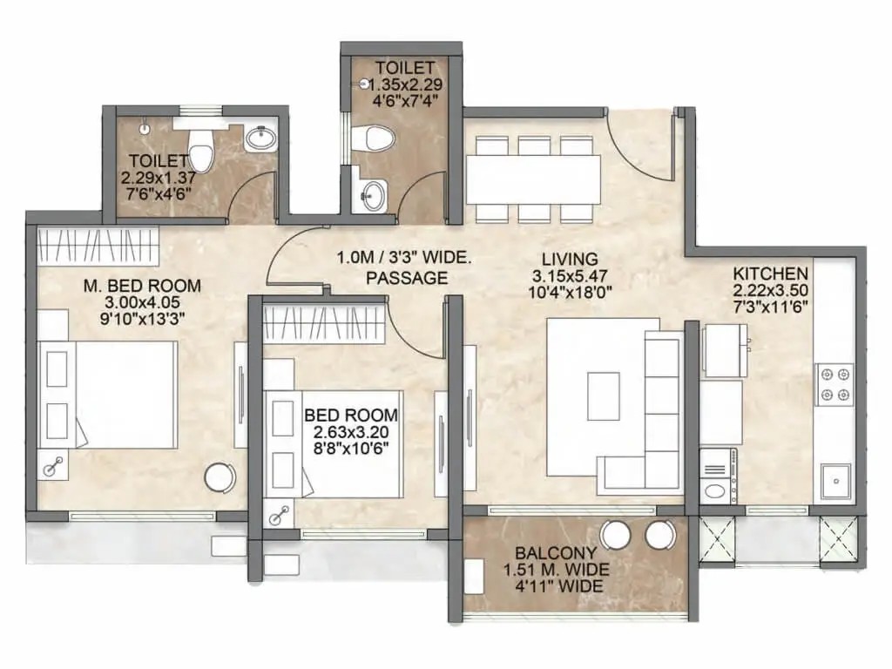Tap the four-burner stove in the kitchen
click(835, 384)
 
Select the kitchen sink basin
click(835, 481)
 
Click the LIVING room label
click(570, 260)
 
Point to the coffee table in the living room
click(603, 396)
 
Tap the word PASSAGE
click(407, 278)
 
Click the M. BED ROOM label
click(142, 286)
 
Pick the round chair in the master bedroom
click(220, 477)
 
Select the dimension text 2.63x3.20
click(351, 432)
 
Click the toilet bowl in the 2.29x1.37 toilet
click(199, 152)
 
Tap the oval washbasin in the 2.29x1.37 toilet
click(260, 139)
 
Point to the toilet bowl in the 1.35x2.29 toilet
click(373, 139)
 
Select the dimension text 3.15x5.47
click(570, 276)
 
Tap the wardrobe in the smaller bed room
click(326, 324)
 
